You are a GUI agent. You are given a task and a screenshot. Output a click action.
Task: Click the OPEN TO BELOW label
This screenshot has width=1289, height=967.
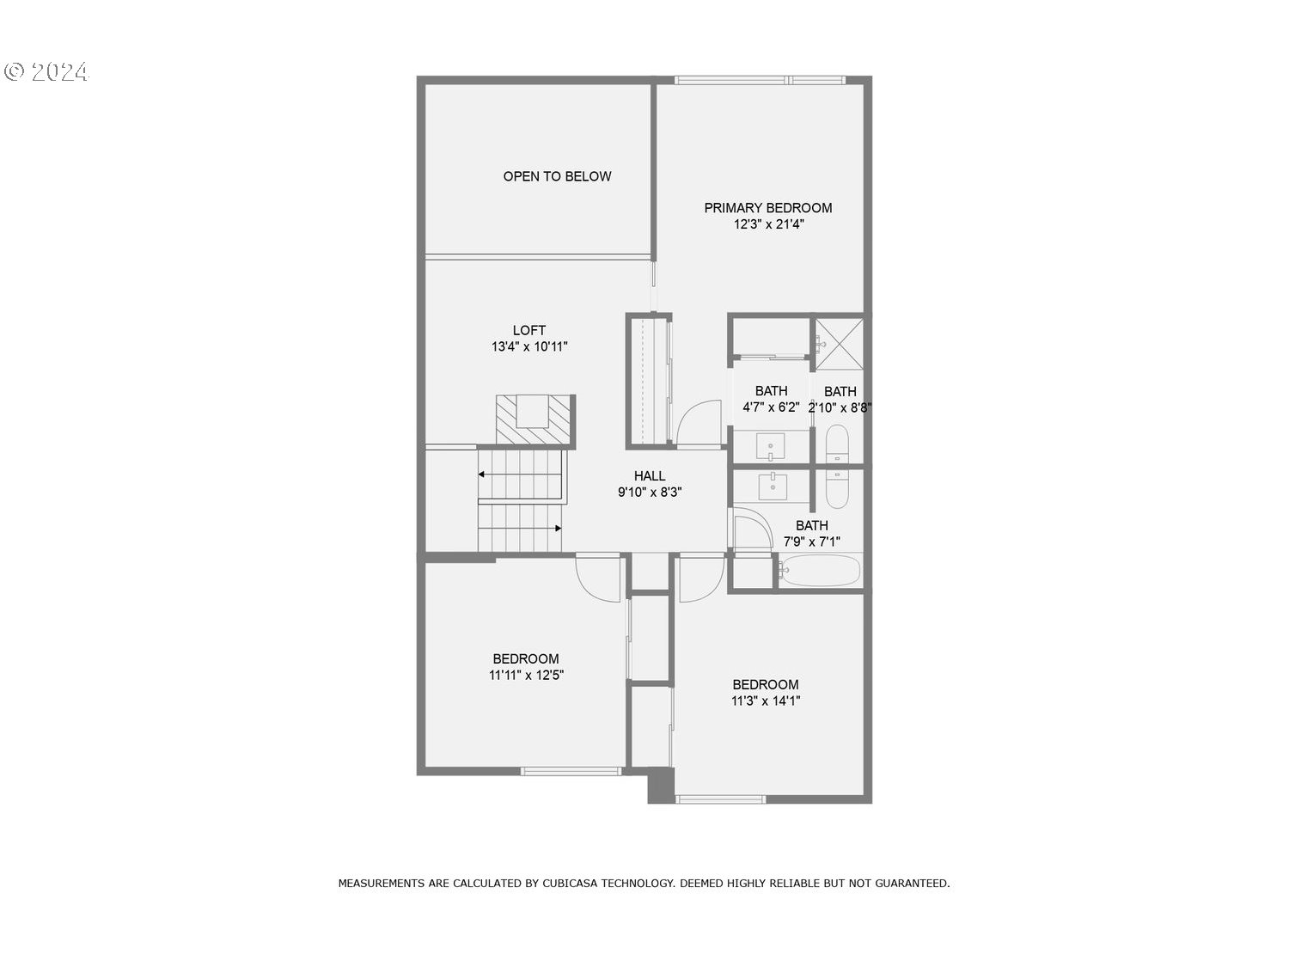click(557, 176)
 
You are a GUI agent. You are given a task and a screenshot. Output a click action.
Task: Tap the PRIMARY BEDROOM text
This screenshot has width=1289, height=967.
click(767, 208)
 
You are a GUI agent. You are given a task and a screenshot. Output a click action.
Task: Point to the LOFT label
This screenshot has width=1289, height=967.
click(529, 330)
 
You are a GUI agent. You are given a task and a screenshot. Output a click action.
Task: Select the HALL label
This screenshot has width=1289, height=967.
click(650, 476)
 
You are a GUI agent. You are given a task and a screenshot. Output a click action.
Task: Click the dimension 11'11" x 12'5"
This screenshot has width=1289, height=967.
click(526, 676)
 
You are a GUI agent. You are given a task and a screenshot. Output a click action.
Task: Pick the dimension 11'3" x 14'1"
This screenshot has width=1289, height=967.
click(766, 701)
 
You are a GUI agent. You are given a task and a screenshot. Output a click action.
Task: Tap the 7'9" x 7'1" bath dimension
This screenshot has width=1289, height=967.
click(811, 542)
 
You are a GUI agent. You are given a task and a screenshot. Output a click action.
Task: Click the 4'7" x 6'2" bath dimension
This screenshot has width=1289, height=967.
click(771, 408)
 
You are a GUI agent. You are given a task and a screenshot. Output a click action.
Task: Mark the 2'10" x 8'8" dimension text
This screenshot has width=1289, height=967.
click(840, 408)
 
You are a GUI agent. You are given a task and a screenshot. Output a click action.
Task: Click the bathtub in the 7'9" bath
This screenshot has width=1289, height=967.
click(821, 570)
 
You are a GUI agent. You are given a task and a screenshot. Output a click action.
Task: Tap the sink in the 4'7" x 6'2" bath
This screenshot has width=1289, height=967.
click(770, 446)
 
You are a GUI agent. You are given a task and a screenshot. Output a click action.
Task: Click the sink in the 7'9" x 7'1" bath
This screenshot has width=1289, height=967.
click(773, 487)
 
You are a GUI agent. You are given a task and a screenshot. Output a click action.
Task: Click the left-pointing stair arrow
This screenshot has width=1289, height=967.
click(487, 474)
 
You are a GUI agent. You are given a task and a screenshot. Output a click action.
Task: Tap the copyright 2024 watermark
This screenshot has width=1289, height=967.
click(46, 72)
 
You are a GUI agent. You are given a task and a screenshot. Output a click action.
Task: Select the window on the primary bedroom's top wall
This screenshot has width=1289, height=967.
click(759, 80)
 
